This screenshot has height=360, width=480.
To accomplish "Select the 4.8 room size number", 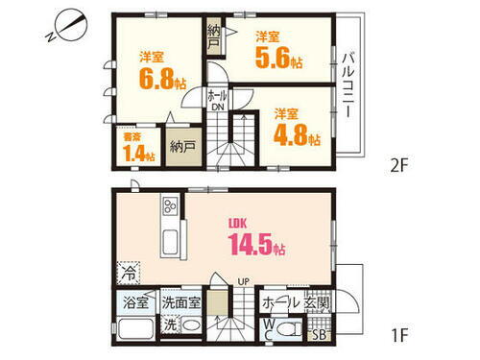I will tap(295, 133).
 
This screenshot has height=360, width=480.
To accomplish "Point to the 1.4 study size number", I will tap(132, 155).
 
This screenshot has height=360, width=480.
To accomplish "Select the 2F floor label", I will tap(399, 163).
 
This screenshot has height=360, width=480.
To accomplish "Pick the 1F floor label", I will tap(399, 336).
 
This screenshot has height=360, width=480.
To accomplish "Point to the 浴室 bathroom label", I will tap(135, 302).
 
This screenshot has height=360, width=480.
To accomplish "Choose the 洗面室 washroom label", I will tap(180, 302).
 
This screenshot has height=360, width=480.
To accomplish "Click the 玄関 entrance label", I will tap(318, 302).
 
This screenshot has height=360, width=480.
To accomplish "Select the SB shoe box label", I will tap(321, 335).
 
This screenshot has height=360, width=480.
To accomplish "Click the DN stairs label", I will tap(218, 107).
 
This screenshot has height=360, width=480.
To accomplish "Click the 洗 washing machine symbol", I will tap(170, 326).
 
